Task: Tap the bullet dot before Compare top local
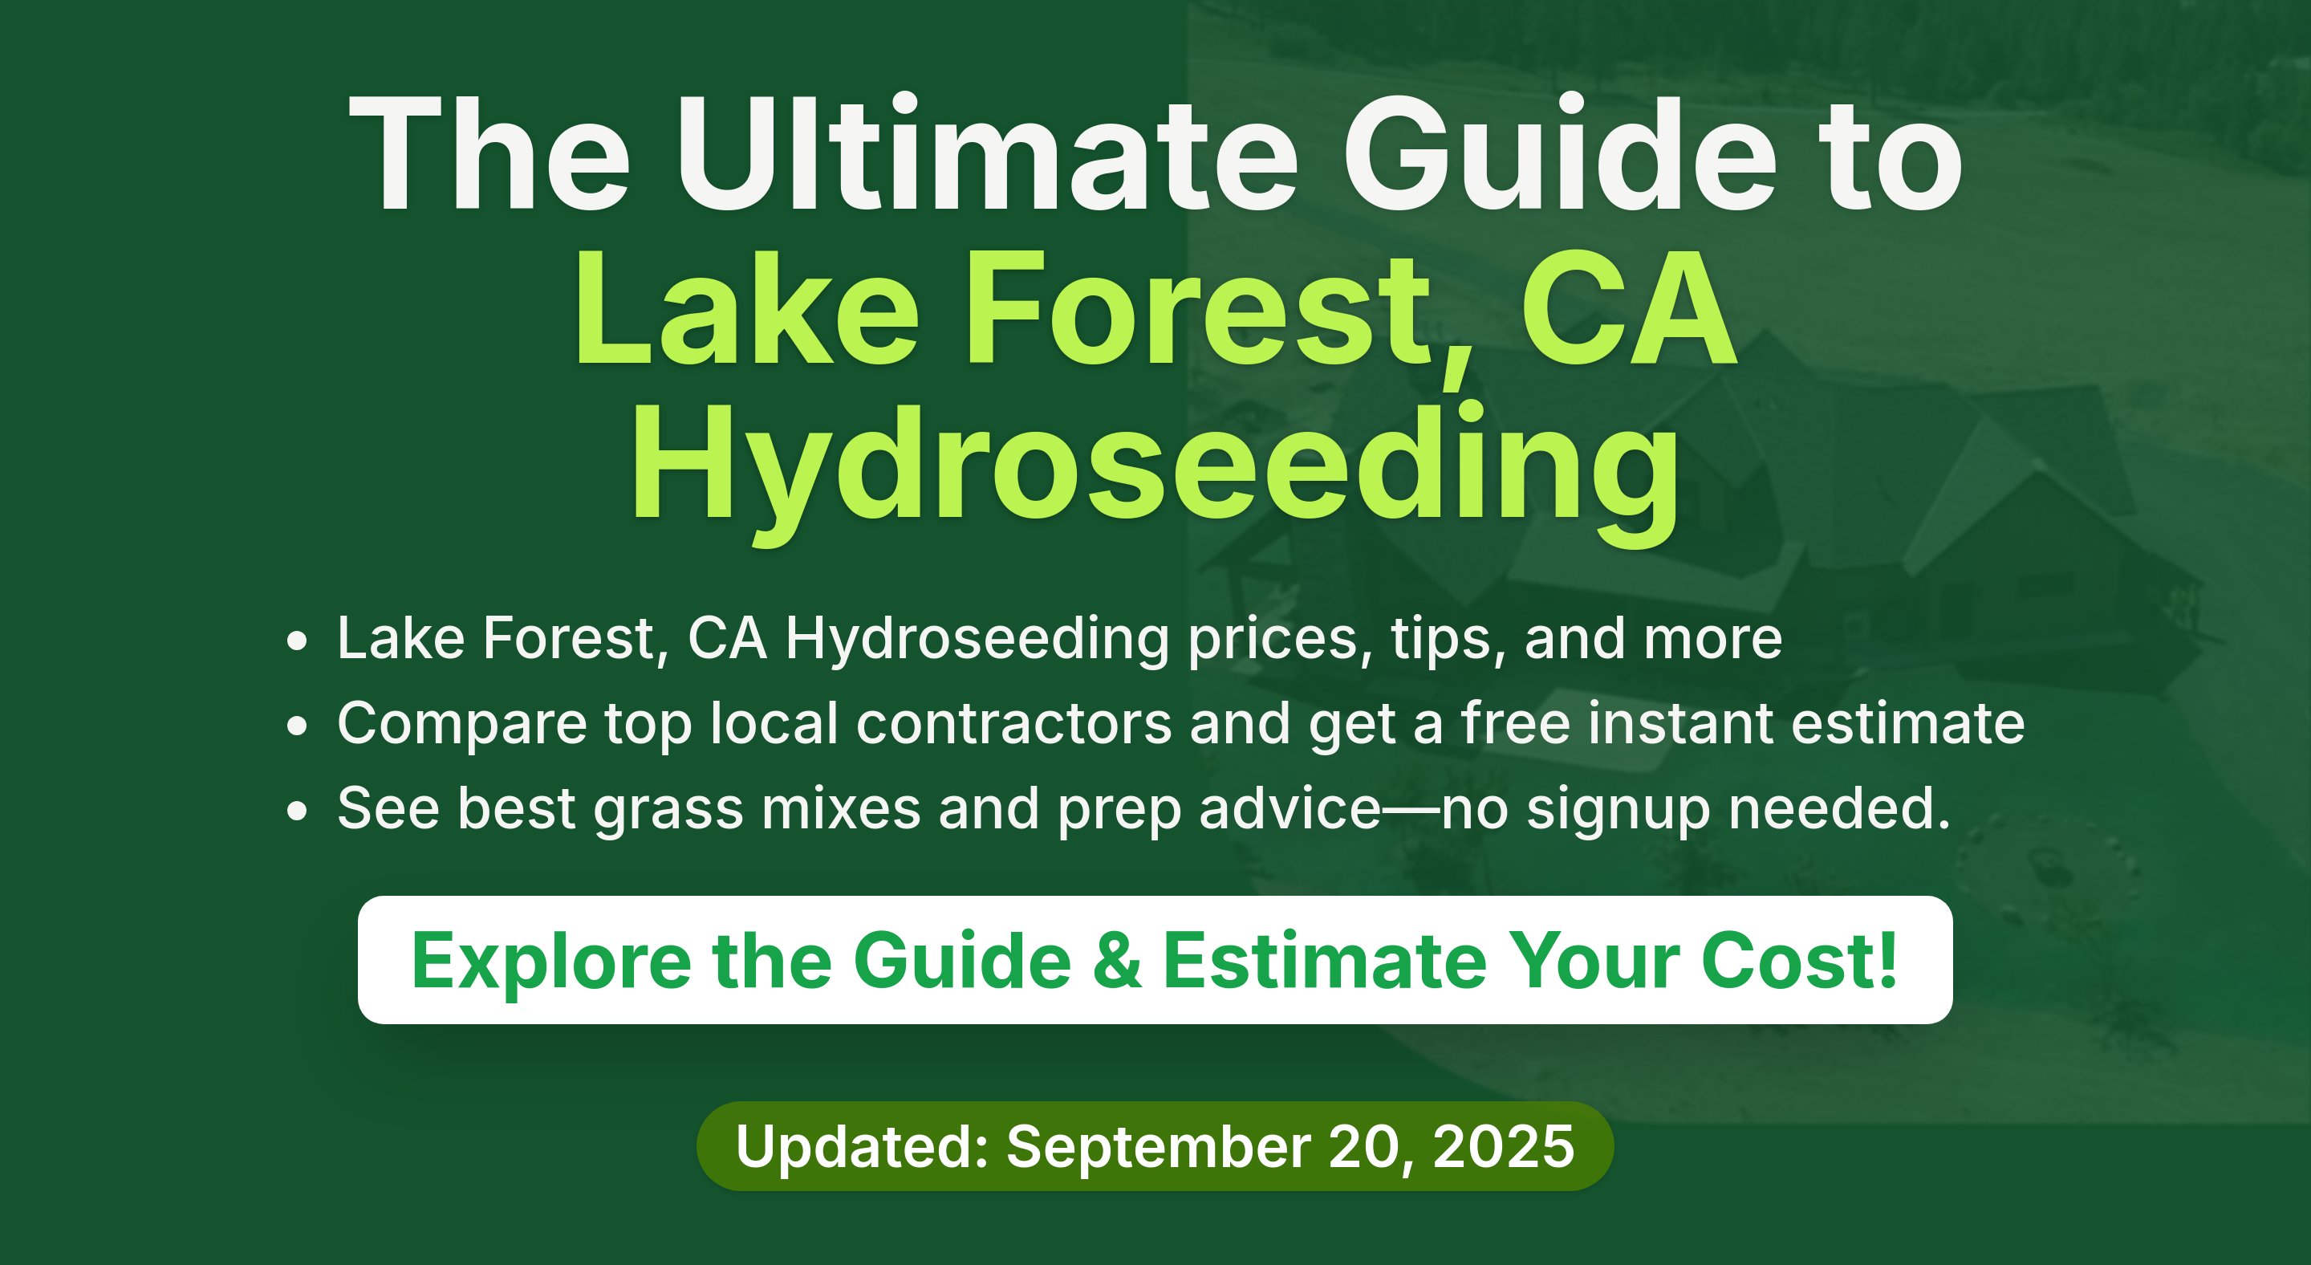(x=297, y=726)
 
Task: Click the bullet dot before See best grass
(x=297, y=811)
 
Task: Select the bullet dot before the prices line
(x=297, y=641)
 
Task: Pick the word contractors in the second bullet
(x=1013, y=723)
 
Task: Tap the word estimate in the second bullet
(x=1908, y=723)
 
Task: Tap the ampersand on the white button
(x=1118, y=961)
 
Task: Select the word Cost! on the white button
(x=1800, y=961)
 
